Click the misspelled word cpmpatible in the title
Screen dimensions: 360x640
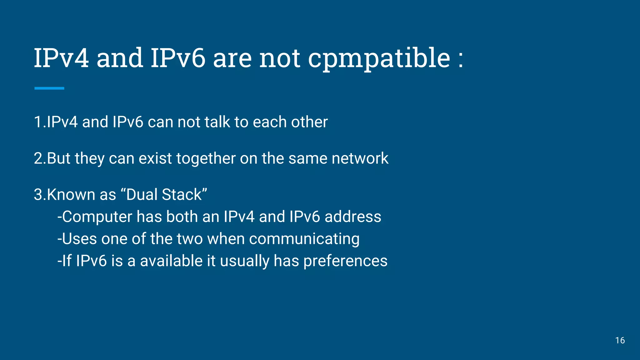[x=379, y=59]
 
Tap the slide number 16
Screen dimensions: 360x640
[x=620, y=340]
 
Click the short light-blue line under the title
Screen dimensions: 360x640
[x=49, y=88]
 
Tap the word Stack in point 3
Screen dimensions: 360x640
[x=182, y=195]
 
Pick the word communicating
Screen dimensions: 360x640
[x=304, y=239]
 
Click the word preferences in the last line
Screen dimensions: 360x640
[x=345, y=261]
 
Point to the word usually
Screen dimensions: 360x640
[x=244, y=261]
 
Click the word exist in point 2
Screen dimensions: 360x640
[x=155, y=158]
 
